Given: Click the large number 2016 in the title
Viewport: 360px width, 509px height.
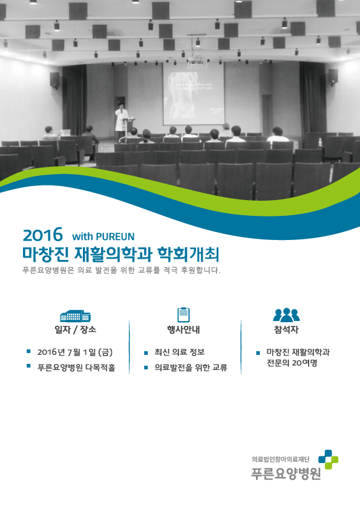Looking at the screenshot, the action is point(42,235).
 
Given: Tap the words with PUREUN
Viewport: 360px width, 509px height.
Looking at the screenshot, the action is point(103,236).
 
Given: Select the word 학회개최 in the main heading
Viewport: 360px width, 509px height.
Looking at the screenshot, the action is point(188,254).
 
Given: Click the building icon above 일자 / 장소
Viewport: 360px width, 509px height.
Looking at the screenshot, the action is point(75,316).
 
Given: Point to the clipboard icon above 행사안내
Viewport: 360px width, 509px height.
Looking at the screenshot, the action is point(183,314).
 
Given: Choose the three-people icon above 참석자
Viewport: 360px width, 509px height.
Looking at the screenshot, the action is point(286,314).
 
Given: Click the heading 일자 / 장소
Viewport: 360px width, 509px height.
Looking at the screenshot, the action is point(76,330).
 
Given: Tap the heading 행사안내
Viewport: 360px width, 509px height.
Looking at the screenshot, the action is point(183,330).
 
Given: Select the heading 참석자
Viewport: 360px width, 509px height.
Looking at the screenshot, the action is point(286,330).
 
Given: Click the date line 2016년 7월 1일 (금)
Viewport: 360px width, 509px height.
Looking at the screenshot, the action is point(75,352).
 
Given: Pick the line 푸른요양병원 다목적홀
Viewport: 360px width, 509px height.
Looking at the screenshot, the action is point(76,368).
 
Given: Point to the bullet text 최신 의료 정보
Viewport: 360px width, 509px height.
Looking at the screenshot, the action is point(179,352).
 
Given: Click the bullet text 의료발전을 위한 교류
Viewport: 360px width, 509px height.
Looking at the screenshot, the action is point(191,368).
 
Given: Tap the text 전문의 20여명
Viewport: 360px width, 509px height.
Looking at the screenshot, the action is point(292,363).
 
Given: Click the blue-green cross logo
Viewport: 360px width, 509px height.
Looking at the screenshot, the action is point(328,459).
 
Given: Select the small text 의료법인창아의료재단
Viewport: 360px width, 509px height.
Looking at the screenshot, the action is point(281,459).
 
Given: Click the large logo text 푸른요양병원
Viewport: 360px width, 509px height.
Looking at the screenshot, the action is point(286,473).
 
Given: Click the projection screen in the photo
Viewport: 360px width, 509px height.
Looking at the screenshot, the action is point(194,94).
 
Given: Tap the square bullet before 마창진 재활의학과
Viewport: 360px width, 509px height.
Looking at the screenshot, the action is point(258,352).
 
